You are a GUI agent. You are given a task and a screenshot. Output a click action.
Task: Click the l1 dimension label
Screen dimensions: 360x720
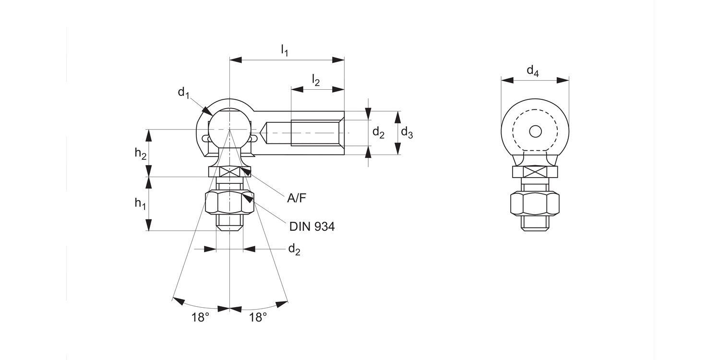click(284, 50)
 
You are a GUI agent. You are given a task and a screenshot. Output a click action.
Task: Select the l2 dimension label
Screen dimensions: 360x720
click(315, 80)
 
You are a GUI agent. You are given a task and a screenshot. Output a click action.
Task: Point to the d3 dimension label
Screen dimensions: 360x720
click(407, 132)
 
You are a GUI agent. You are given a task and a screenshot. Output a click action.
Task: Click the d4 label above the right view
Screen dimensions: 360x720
click(533, 72)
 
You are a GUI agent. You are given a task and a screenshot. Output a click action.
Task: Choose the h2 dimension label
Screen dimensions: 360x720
click(140, 154)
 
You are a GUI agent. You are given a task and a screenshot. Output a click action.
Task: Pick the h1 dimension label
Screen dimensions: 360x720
click(140, 204)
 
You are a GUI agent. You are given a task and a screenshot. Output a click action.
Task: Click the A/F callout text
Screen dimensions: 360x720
click(296, 198)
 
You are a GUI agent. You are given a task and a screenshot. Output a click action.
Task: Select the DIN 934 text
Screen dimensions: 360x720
click(312, 227)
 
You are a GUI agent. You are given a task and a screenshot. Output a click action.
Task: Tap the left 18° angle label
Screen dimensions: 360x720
click(201, 318)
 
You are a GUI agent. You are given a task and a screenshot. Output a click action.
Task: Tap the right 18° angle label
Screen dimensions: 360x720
click(258, 318)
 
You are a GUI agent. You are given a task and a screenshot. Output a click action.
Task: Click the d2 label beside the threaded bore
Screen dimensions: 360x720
click(378, 132)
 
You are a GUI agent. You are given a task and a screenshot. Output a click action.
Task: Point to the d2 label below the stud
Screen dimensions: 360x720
click(294, 249)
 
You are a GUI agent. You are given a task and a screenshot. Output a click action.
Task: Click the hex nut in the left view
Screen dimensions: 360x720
click(229, 202)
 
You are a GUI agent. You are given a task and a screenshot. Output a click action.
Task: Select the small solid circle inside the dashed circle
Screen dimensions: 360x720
click(535, 131)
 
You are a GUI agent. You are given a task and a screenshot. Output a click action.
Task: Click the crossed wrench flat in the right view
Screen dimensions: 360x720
click(535, 172)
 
